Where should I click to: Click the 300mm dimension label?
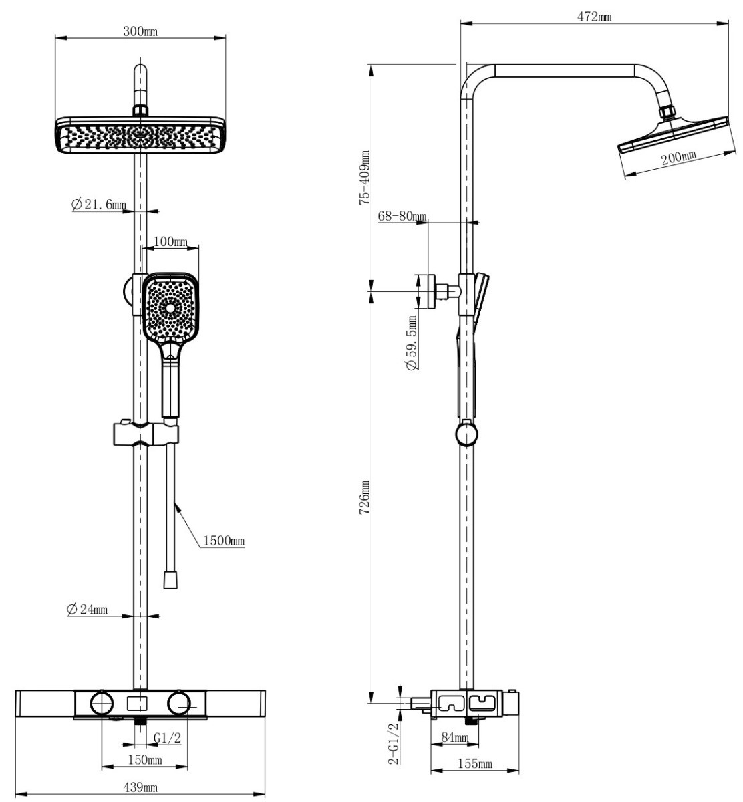click(140, 31)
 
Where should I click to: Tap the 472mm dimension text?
click(595, 17)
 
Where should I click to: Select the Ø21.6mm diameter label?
click(99, 205)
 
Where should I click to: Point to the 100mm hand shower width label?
click(171, 241)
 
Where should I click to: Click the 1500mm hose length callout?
click(224, 540)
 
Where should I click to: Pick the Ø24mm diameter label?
click(88, 609)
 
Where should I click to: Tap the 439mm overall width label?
click(140, 787)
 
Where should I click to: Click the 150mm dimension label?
click(145, 760)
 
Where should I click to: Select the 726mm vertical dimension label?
click(365, 497)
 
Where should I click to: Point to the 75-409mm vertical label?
click(365, 178)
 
